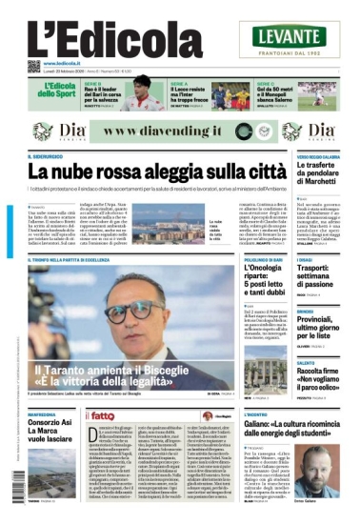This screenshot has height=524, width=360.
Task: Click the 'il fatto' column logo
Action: (103, 415)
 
